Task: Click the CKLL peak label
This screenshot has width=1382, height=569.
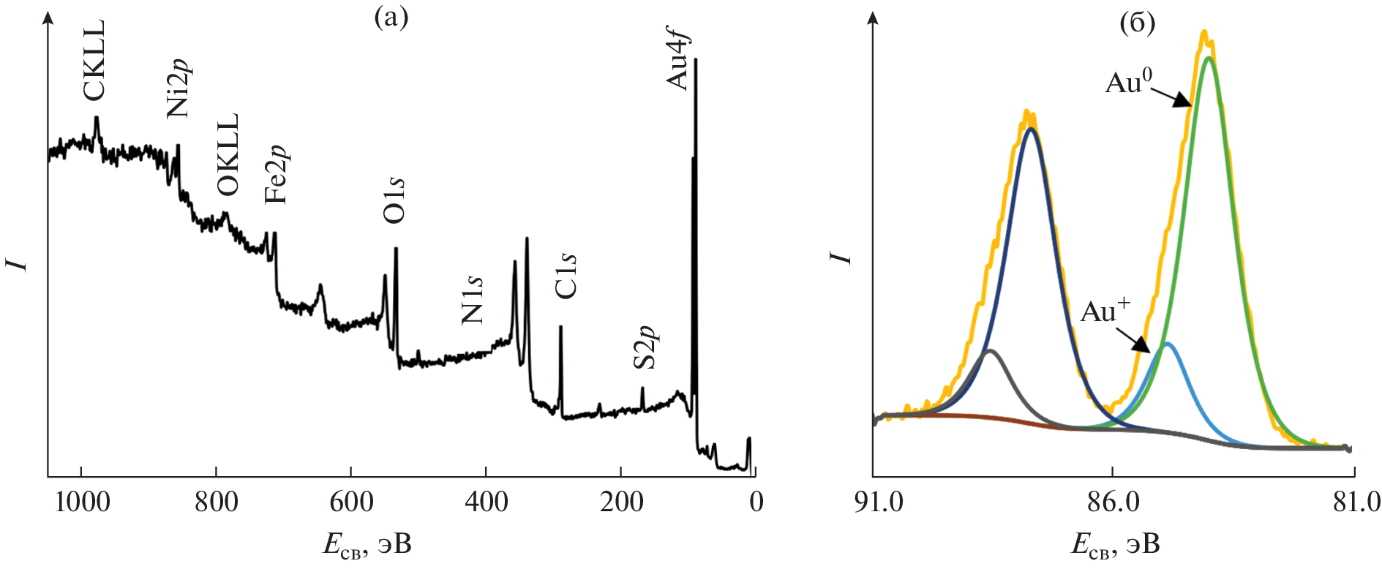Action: [x=94, y=60]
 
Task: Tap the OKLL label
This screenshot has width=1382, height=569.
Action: [x=228, y=154]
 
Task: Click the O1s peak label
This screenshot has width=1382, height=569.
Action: [x=394, y=199]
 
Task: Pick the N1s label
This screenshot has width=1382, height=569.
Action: [x=473, y=300]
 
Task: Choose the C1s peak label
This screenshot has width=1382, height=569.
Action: [x=566, y=276]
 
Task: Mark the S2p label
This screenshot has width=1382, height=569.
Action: [x=645, y=347]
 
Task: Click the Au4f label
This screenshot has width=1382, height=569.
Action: [x=678, y=62]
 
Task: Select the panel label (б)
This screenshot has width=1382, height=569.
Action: [x=1138, y=23]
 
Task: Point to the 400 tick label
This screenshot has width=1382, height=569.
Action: [x=486, y=502]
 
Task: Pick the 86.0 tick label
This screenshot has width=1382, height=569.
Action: [x=1112, y=502]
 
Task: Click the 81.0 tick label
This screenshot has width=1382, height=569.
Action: [x=1355, y=502]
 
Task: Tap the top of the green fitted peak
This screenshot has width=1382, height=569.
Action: [x=1209, y=57]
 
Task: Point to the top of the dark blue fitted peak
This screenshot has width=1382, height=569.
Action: [x=1032, y=129]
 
